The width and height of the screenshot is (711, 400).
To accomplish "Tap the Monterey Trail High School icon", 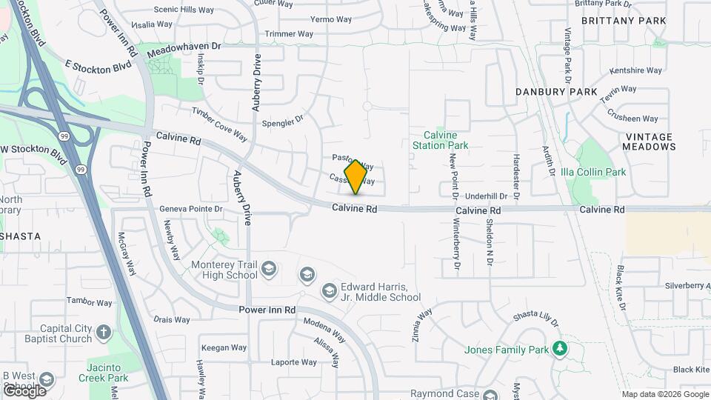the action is (270, 268).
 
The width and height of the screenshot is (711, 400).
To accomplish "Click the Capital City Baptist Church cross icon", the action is (103, 333).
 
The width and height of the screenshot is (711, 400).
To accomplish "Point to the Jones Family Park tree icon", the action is (560, 349).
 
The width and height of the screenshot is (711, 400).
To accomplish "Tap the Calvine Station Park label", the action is (441, 141).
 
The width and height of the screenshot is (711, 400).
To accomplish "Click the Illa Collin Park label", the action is (593, 173).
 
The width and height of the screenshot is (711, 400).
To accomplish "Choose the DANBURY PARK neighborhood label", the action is (558, 92).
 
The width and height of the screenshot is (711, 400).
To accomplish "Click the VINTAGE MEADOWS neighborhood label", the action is (650, 141).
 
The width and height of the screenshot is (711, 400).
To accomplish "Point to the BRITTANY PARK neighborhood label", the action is (624, 21).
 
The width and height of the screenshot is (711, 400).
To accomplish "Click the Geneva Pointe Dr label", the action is (191, 209).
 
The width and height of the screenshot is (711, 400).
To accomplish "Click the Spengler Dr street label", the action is (283, 119).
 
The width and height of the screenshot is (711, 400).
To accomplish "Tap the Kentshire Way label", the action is (635, 71).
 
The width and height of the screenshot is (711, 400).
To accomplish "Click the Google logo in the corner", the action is (24, 390).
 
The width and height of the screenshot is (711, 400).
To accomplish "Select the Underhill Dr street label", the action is (487, 196).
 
